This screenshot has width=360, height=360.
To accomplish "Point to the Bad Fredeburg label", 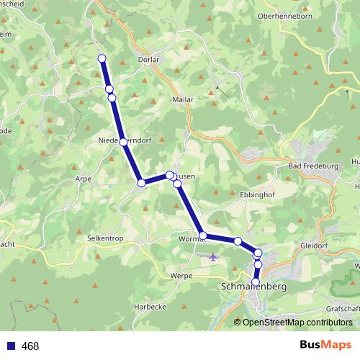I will click(312, 166).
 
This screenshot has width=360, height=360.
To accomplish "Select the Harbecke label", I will click(150, 306).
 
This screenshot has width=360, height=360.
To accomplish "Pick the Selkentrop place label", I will click(107, 237).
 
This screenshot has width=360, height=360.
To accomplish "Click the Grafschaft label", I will click(341, 307).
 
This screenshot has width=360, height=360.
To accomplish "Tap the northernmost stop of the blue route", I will click(102, 58).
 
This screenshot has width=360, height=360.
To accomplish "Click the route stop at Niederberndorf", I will click(124, 142).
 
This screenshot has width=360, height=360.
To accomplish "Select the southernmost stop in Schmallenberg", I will click(255, 282).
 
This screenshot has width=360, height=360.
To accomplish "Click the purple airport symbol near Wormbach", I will click(212, 257).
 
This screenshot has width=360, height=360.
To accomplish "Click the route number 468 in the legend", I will click(30, 346).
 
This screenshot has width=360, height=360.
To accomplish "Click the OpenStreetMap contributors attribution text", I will click(297, 322).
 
